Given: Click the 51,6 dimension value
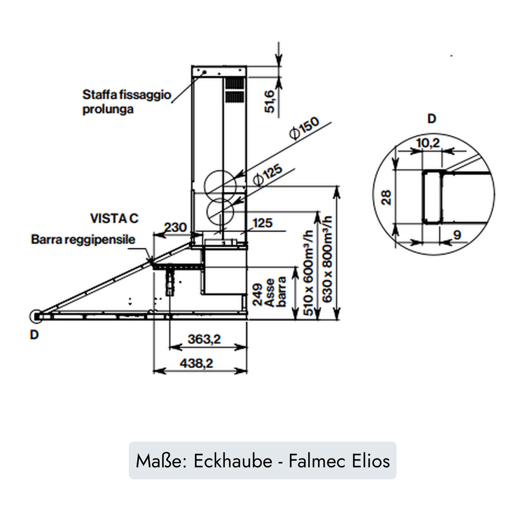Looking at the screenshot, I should click(270, 101).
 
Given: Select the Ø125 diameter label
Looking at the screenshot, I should click(268, 174).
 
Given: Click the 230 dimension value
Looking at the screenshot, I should click(175, 227).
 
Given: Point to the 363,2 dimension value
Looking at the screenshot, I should click(204, 339).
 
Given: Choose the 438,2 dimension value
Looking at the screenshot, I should click(197, 364).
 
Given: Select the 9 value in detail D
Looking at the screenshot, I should click(457, 234).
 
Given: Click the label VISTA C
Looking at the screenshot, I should click(114, 218).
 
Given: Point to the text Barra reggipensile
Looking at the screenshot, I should click(83, 240).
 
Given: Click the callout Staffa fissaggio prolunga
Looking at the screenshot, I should click(126, 101).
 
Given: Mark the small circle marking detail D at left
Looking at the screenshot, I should click(36, 316).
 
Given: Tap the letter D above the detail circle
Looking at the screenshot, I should click(432, 119).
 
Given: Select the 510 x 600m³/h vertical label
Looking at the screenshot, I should click(309, 272).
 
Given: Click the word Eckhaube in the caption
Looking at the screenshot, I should click(233, 461).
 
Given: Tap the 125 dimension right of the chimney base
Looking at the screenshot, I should click(263, 223).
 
